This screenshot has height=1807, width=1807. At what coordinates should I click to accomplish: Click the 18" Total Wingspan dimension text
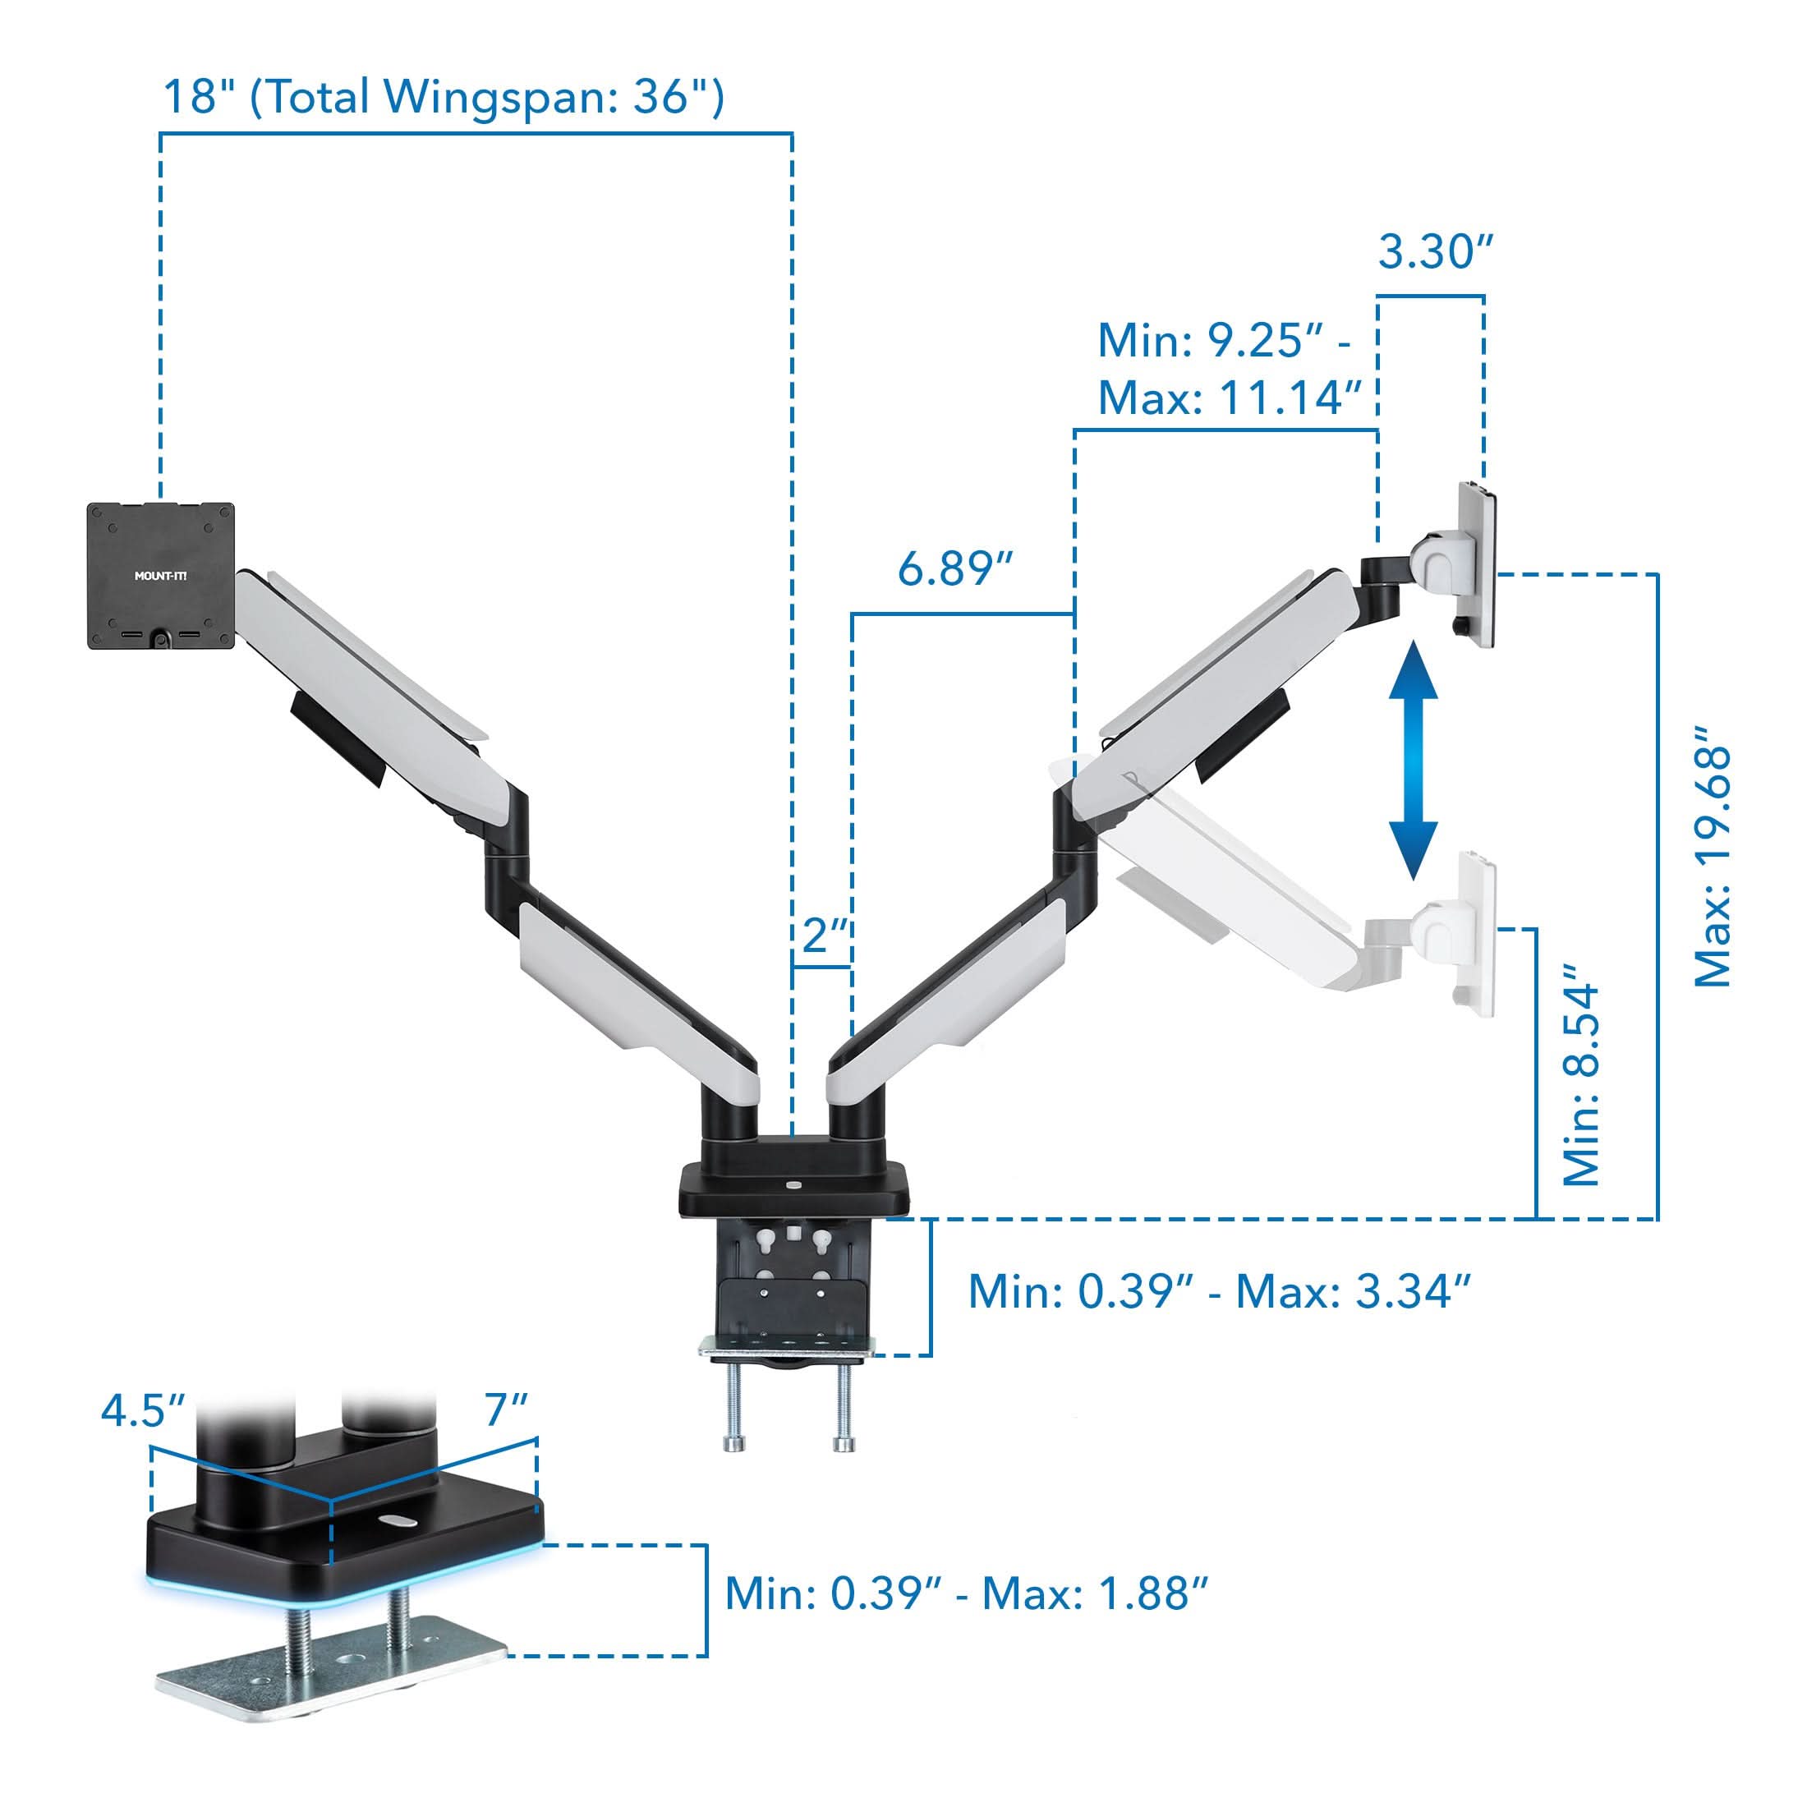(444, 97)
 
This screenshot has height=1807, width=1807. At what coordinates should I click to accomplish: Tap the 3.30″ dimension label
(1435, 252)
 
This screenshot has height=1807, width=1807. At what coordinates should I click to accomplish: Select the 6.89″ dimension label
(955, 568)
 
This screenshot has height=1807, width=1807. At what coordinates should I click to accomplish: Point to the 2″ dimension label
(824, 935)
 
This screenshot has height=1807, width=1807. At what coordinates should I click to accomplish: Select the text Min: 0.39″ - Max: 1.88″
(966, 1593)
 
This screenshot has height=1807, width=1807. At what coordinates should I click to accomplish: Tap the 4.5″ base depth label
(142, 1410)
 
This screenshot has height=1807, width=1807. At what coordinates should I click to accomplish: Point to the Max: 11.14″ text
(1229, 399)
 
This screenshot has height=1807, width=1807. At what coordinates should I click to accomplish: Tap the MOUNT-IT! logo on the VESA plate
(161, 576)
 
